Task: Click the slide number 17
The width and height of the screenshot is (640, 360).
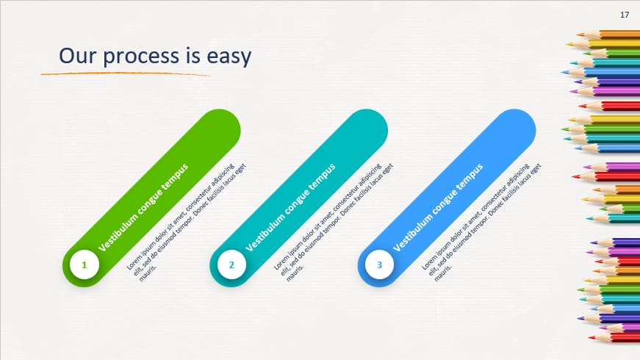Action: click(x=625, y=15)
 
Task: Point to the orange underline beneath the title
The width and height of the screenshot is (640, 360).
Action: click(x=125, y=73)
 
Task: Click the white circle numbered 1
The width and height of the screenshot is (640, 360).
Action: click(x=85, y=264)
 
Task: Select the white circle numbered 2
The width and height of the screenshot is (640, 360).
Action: click(x=231, y=264)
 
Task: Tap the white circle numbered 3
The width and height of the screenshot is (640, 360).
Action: click(x=380, y=264)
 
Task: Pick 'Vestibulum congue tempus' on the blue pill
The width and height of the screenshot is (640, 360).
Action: click(x=439, y=208)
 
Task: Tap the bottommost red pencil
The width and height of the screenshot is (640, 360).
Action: click(x=614, y=337)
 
